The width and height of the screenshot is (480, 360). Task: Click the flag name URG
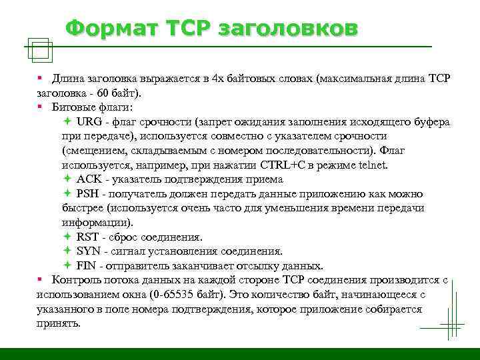pyautogui.click(x=89, y=122)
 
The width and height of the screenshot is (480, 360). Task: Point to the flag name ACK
pyautogui.click(x=89, y=179)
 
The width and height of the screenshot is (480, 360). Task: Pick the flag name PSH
pyautogui.click(x=89, y=194)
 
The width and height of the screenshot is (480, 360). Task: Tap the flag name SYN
pyautogui.click(x=89, y=251)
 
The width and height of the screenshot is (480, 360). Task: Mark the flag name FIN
pyautogui.click(x=87, y=265)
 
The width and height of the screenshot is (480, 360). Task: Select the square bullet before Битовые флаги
pyautogui.click(x=41, y=107)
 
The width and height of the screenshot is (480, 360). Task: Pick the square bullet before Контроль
pyautogui.click(x=41, y=279)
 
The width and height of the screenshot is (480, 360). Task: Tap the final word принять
pyautogui.click(x=59, y=323)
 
